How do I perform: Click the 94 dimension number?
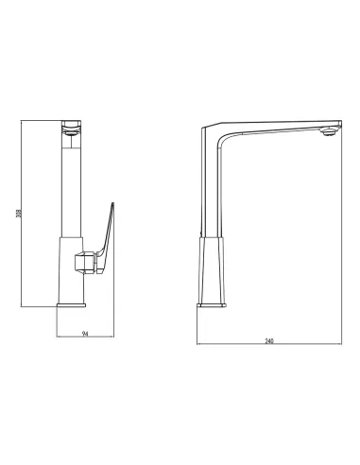point(85,334)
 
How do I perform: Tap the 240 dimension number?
point(269,341)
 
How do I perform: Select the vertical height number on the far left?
point(19,214)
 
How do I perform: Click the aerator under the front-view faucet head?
point(72,133)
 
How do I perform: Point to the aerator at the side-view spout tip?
point(328,132)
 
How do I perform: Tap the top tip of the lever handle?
point(112,203)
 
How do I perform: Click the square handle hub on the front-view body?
point(85,263)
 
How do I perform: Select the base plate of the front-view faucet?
point(72,305)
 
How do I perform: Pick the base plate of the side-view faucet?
point(212,305)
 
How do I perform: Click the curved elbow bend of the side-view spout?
point(221,139)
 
